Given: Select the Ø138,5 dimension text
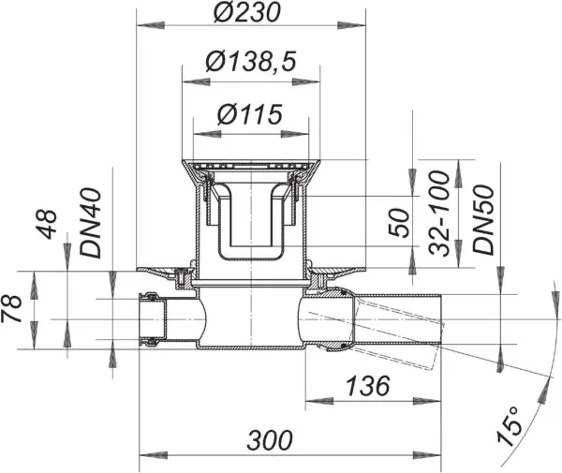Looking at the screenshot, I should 249,65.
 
